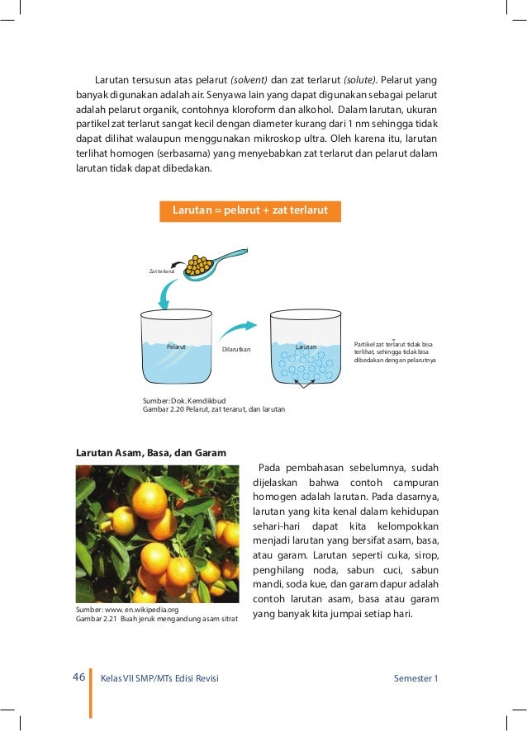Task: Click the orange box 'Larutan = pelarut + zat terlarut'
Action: pyautogui.click(x=249, y=211)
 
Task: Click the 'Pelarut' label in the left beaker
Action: pyautogui.click(x=176, y=347)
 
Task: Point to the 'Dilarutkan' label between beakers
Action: pyautogui.click(x=235, y=350)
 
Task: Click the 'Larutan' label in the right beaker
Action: pyautogui.click(x=306, y=347)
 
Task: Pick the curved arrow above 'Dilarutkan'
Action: pyautogui.click(x=238, y=330)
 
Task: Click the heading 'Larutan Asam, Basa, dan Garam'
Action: pyautogui.click(x=151, y=453)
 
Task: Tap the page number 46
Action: pyautogui.click(x=78, y=677)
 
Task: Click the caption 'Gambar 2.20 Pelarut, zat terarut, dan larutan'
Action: pyautogui.click(x=214, y=409)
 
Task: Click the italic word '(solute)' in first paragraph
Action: pyautogui.click(x=357, y=80)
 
